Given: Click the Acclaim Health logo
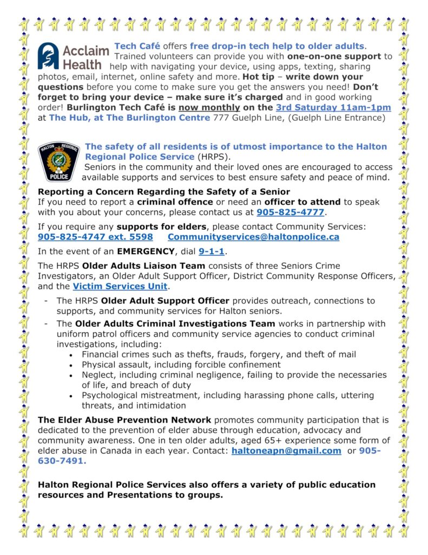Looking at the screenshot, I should (73, 57).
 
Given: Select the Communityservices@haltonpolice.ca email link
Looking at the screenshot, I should (253, 237).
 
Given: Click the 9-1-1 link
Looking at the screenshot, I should (212, 251).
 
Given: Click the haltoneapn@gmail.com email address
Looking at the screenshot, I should (286, 450).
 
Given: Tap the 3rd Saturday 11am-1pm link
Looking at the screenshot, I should (333, 108).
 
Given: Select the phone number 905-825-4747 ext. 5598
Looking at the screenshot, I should (95, 237).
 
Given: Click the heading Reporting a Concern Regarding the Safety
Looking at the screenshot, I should (164, 191).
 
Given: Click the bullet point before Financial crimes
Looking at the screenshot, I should (73, 354).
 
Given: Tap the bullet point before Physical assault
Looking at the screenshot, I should (73, 365).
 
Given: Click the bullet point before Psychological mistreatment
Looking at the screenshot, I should (73, 396).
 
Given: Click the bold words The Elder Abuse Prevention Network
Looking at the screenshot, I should (124, 420).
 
